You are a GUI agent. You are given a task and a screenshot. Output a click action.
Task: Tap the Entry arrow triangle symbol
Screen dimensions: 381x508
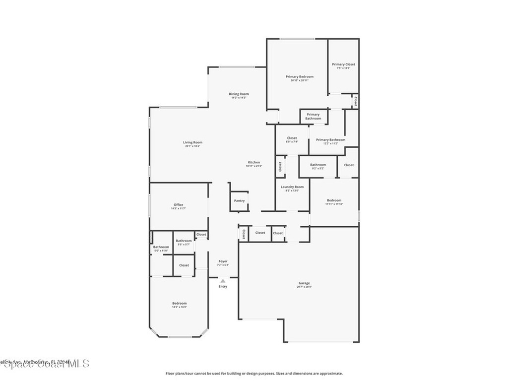point(223,281)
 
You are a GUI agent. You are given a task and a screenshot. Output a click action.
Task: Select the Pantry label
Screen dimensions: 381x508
point(239,201)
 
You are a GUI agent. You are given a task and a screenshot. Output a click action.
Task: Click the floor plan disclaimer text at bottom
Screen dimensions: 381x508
point(254,374)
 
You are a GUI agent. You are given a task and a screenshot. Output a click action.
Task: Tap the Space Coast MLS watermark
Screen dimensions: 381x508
point(45,364)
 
